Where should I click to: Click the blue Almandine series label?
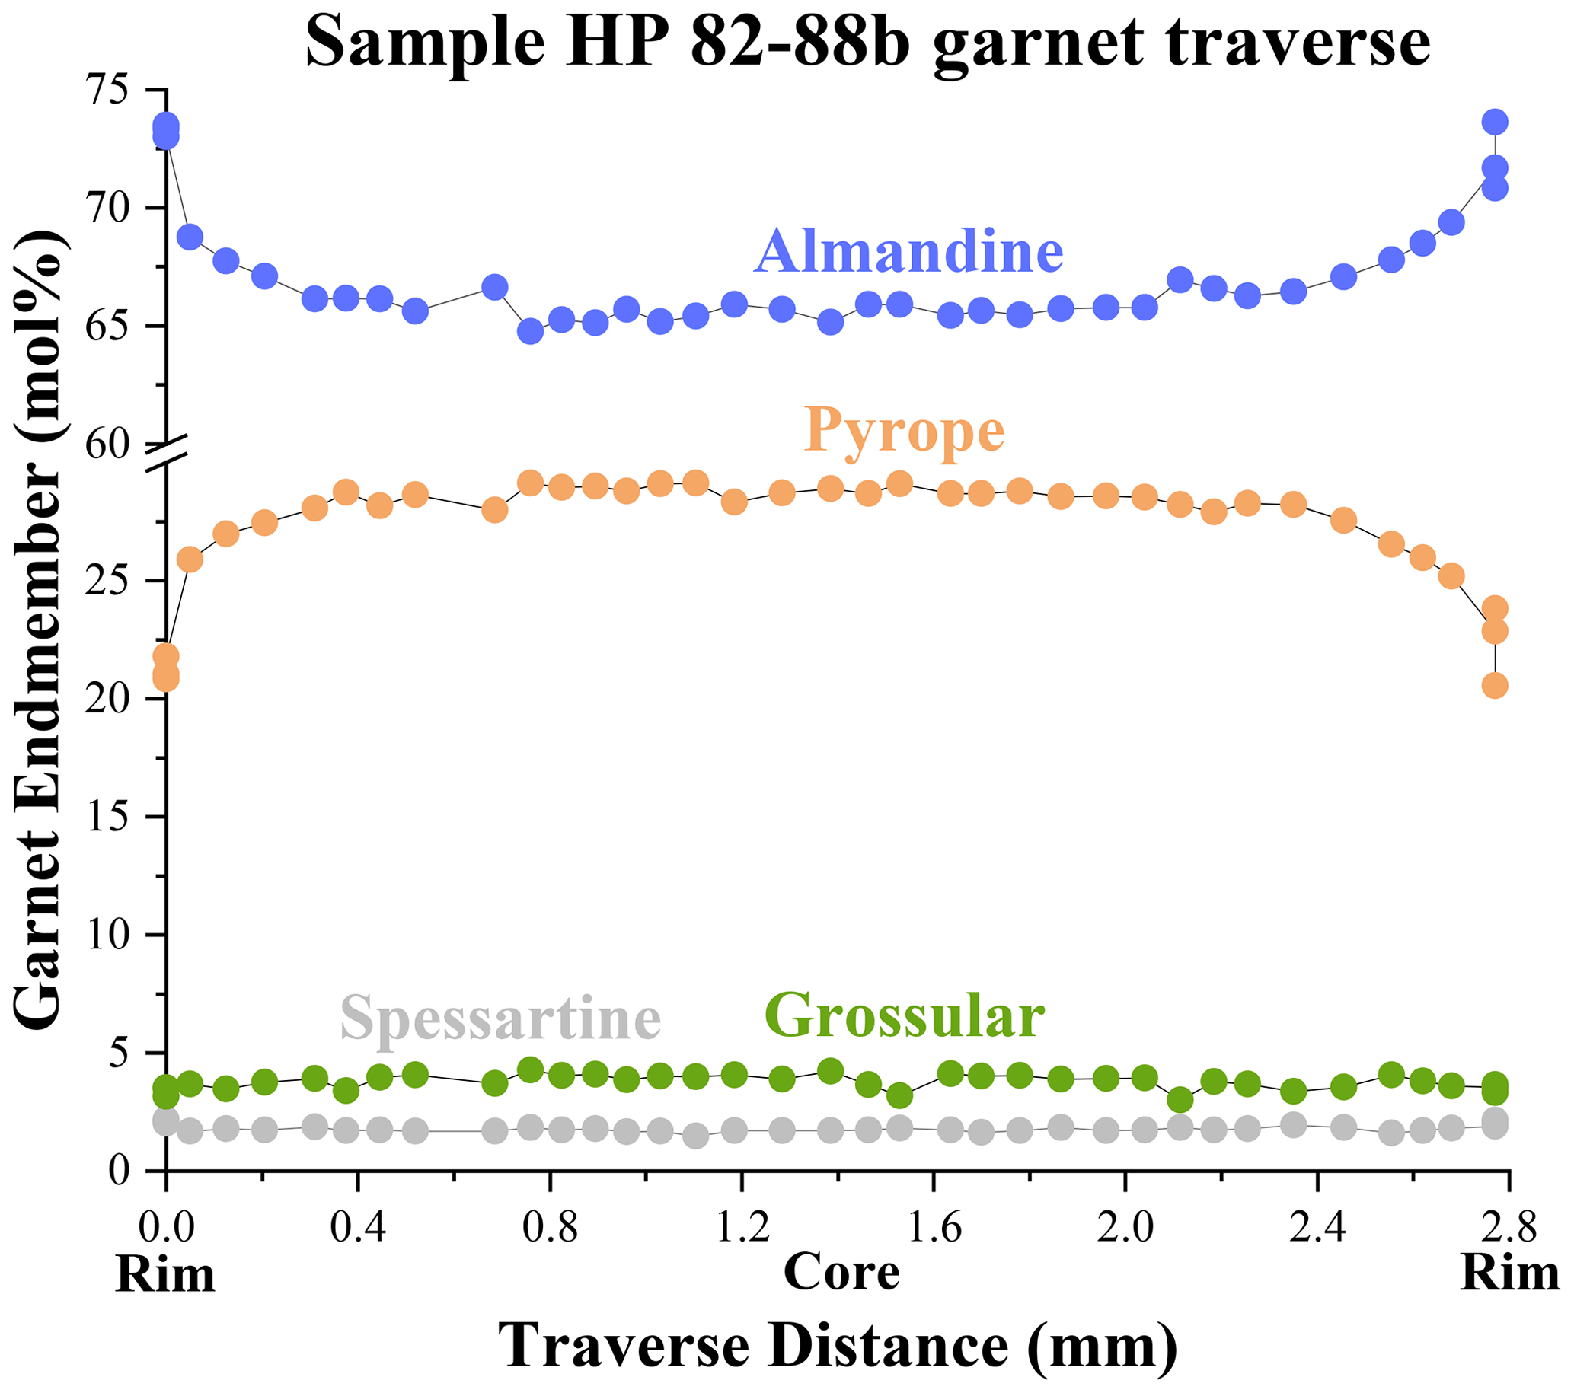[x=908, y=251]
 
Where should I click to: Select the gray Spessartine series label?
[x=500, y=1018]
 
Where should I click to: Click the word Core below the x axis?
[x=841, y=1273]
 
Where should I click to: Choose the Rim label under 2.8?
[x=1509, y=1273]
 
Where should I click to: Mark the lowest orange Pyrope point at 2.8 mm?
[x=1495, y=686]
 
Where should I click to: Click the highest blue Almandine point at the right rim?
[x=1495, y=122]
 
